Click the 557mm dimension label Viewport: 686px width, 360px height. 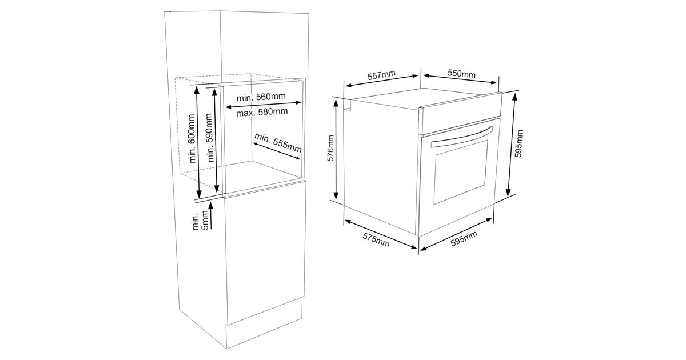pyautogui.click(x=381, y=75)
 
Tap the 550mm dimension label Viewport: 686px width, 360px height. pyautogui.click(x=461, y=74)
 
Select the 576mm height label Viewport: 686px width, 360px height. pyautogui.click(x=331, y=149)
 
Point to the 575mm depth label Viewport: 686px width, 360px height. pyautogui.click(x=376, y=239)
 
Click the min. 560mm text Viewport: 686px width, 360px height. pyautogui.click(x=261, y=97)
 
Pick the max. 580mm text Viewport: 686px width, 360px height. pyautogui.click(x=262, y=112)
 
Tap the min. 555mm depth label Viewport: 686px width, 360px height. pyautogui.click(x=278, y=143)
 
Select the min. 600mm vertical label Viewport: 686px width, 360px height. pyautogui.click(x=192, y=138)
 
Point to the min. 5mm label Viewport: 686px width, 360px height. pyautogui.click(x=200, y=221)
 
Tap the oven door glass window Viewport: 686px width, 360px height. pyautogui.click(x=460, y=172)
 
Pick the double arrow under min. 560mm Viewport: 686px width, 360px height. pyautogui.click(x=264, y=105)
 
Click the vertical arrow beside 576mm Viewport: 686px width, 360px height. pyautogui.click(x=336, y=149)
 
